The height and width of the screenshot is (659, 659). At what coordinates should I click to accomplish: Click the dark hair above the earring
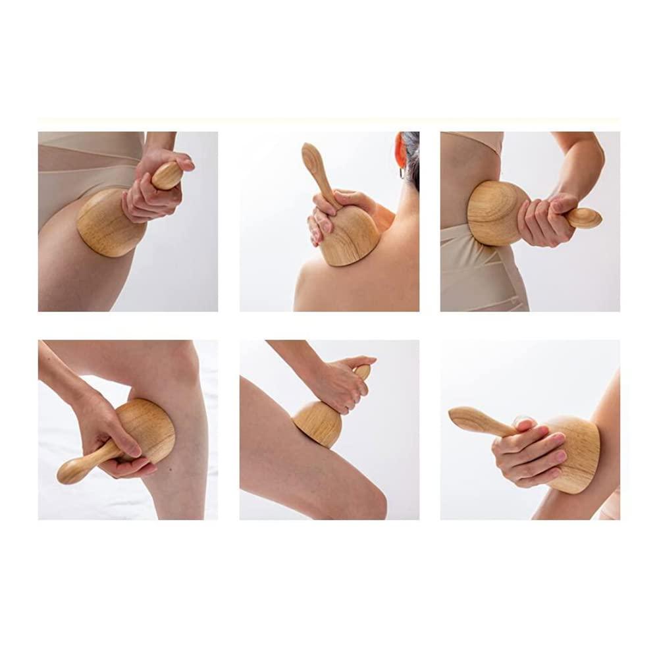tap(409, 148)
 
